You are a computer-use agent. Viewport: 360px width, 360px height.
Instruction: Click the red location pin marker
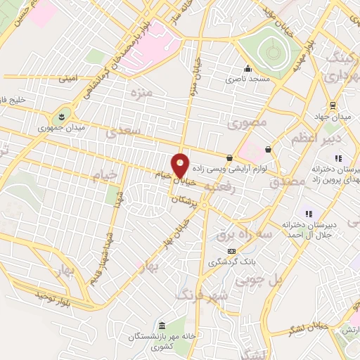tap(181, 165)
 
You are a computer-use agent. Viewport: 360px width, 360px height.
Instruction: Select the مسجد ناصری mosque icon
tap(247, 69)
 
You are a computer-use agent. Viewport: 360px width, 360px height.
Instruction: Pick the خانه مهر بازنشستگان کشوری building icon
tap(162, 327)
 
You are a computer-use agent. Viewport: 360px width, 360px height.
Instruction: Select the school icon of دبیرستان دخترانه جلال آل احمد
tap(307, 213)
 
